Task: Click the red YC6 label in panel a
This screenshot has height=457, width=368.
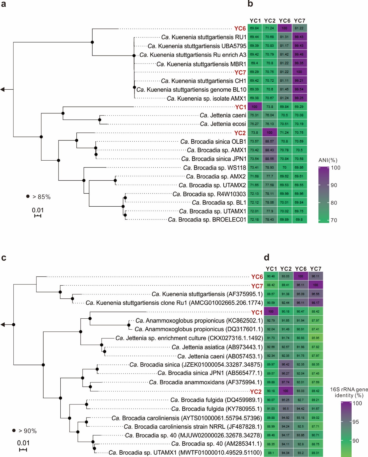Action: [x=240, y=29]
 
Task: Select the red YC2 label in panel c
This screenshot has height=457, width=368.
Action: [x=256, y=392]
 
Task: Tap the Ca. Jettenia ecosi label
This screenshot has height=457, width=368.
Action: [x=223, y=124]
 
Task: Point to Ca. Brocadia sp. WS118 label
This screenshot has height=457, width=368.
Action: [x=215, y=168]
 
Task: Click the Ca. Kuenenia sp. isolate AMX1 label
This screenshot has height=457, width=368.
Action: [x=206, y=99]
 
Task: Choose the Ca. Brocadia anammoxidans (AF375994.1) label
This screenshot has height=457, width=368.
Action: [x=206, y=382]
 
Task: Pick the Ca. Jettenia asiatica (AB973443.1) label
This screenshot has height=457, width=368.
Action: [x=217, y=347]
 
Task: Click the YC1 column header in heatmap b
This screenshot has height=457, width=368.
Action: [x=255, y=21]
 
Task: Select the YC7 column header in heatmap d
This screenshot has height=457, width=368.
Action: [x=316, y=269]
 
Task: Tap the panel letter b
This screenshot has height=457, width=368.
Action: [x=250, y=4]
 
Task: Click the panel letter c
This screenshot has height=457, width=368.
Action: [x=4, y=258]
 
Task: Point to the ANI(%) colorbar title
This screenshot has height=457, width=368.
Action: [x=328, y=160]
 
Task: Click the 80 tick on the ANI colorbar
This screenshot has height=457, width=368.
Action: [x=334, y=203]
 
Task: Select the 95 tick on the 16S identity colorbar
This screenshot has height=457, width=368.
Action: [x=356, y=422]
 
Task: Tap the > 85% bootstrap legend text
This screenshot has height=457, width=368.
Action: [x=42, y=197]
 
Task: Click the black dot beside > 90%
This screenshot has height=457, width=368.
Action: [x=14, y=430]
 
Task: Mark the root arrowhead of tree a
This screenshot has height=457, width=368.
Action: [x=3, y=89]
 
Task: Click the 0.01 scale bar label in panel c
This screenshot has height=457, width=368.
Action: [x=23, y=443]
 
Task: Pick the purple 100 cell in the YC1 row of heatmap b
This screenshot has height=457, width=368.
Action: [x=255, y=107]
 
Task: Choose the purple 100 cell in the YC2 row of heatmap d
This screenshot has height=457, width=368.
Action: [x=285, y=391]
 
